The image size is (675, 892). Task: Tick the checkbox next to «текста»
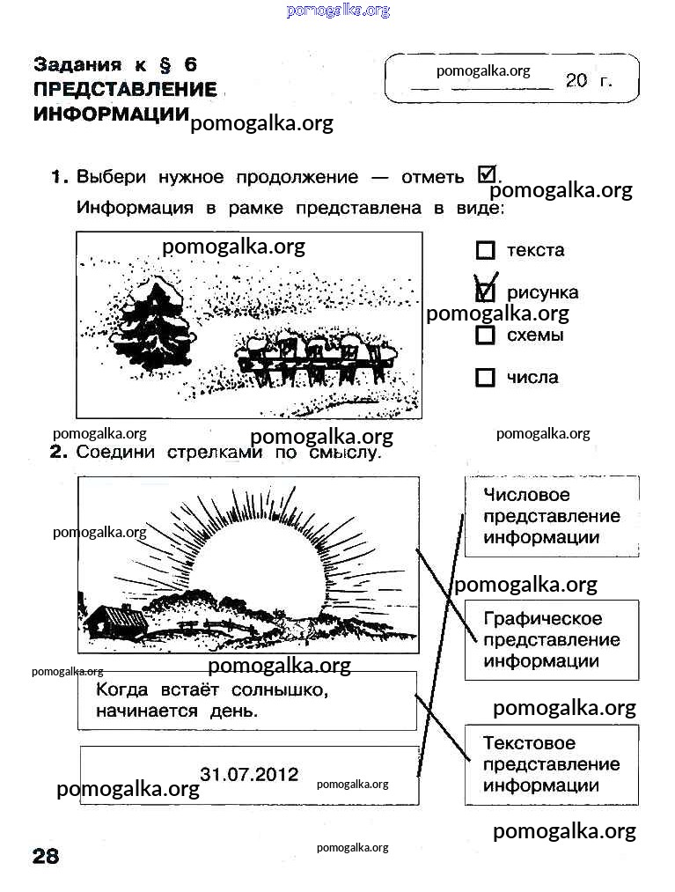(485, 250)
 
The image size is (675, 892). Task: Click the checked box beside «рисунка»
(485, 292)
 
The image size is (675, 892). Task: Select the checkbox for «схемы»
(485, 335)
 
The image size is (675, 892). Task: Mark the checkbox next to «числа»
(485, 377)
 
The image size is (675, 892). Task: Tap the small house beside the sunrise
(115, 622)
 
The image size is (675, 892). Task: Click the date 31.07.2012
(249, 774)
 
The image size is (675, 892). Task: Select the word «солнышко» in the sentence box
(280, 690)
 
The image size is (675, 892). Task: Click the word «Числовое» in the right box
(526, 494)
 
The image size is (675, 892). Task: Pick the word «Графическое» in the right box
(542, 619)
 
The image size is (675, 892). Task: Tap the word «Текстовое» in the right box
(529, 743)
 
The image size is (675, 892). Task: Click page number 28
(46, 856)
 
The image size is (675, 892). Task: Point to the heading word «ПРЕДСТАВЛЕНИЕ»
(125, 89)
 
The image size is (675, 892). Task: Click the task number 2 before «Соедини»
(58, 453)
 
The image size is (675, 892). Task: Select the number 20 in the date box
(576, 80)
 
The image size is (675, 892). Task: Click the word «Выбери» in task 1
(112, 177)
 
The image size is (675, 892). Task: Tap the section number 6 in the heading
(190, 65)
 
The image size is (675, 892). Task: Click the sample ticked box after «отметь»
(487, 174)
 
